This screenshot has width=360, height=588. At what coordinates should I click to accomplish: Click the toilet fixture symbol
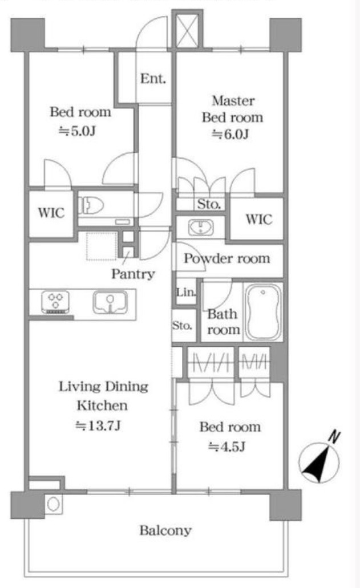click(x=91, y=205)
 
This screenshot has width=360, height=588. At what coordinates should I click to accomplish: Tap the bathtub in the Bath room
click(x=263, y=312)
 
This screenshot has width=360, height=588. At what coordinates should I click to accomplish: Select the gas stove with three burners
click(x=55, y=302)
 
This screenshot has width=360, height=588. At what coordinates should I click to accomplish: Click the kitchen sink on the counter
click(x=110, y=302)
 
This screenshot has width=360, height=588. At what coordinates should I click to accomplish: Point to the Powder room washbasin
click(x=201, y=227)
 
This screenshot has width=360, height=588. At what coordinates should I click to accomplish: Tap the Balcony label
click(x=165, y=530)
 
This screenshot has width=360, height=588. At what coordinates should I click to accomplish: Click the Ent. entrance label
click(x=153, y=78)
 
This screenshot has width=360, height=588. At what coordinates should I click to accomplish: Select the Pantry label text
click(x=133, y=274)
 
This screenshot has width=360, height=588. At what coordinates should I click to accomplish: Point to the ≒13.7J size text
click(x=98, y=425)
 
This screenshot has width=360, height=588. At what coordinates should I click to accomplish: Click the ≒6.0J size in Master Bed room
click(x=230, y=134)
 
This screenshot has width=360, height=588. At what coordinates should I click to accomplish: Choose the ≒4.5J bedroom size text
click(x=227, y=447)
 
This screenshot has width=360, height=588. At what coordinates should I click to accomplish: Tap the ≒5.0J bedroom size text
click(x=77, y=131)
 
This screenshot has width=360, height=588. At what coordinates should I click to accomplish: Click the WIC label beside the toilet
click(x=51, y=213)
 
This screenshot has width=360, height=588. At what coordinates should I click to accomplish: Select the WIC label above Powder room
click(x=259, y=219)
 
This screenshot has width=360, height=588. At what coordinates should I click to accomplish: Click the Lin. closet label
click(x=186, y=292)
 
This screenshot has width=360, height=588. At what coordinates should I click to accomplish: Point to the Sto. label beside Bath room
click(x=182, y=325)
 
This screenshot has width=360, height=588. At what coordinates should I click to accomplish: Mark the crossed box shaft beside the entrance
click(x=187, y=29)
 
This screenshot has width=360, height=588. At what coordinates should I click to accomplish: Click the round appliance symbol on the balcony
click(x=54, y=504)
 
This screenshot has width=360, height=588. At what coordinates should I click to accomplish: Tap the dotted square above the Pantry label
click(x=102, y=246)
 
